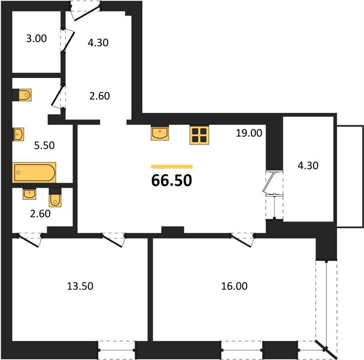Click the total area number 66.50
click(172, 181)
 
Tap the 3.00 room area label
click(37, 38)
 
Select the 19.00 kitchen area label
click(249, 133)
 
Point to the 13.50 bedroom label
click(80, 286)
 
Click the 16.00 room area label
click(234, 286)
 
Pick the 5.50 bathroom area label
click(44, 145)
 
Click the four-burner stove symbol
click(199, 135)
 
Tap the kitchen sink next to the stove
click(160, 133)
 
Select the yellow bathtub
click(34, 173)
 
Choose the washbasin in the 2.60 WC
click(29, 194)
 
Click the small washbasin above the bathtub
click(19, 134)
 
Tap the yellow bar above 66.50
click(172, 167)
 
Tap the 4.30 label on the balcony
click(308, 166)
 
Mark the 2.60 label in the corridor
click(100, 96)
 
